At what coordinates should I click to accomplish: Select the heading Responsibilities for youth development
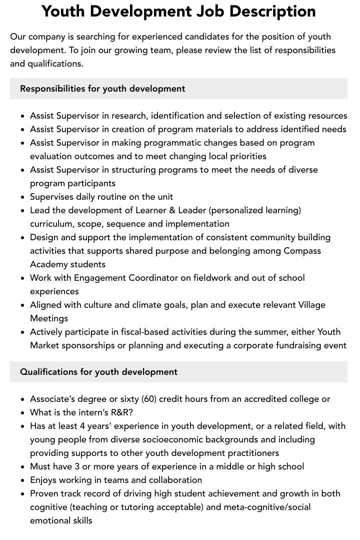[102, 89]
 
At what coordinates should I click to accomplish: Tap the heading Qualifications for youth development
[98, 372]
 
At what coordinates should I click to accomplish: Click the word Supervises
[51, 197]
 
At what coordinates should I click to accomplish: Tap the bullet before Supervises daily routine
[23, 197]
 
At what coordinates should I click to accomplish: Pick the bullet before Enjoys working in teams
[23, 480]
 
